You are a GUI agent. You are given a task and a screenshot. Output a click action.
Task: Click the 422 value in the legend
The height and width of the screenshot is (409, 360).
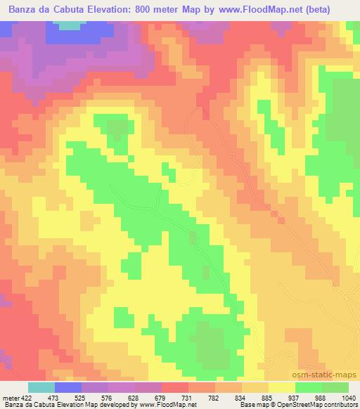[x=22, y=397]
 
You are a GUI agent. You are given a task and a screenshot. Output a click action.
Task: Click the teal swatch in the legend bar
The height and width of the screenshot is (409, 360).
[x=41, y=387]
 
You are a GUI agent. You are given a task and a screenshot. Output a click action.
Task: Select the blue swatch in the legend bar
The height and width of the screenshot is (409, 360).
[x=68, y=387]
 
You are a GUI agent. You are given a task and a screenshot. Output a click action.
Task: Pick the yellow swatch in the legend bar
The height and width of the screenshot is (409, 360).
[x=282, y=387]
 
